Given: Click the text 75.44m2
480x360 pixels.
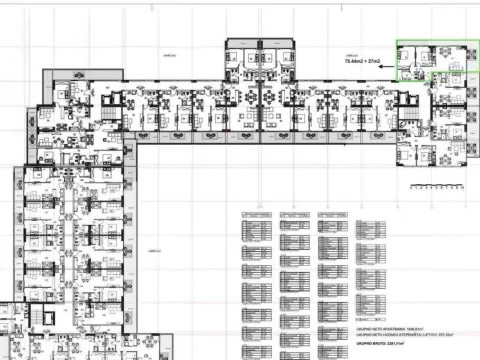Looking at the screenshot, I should pos(352,62).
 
